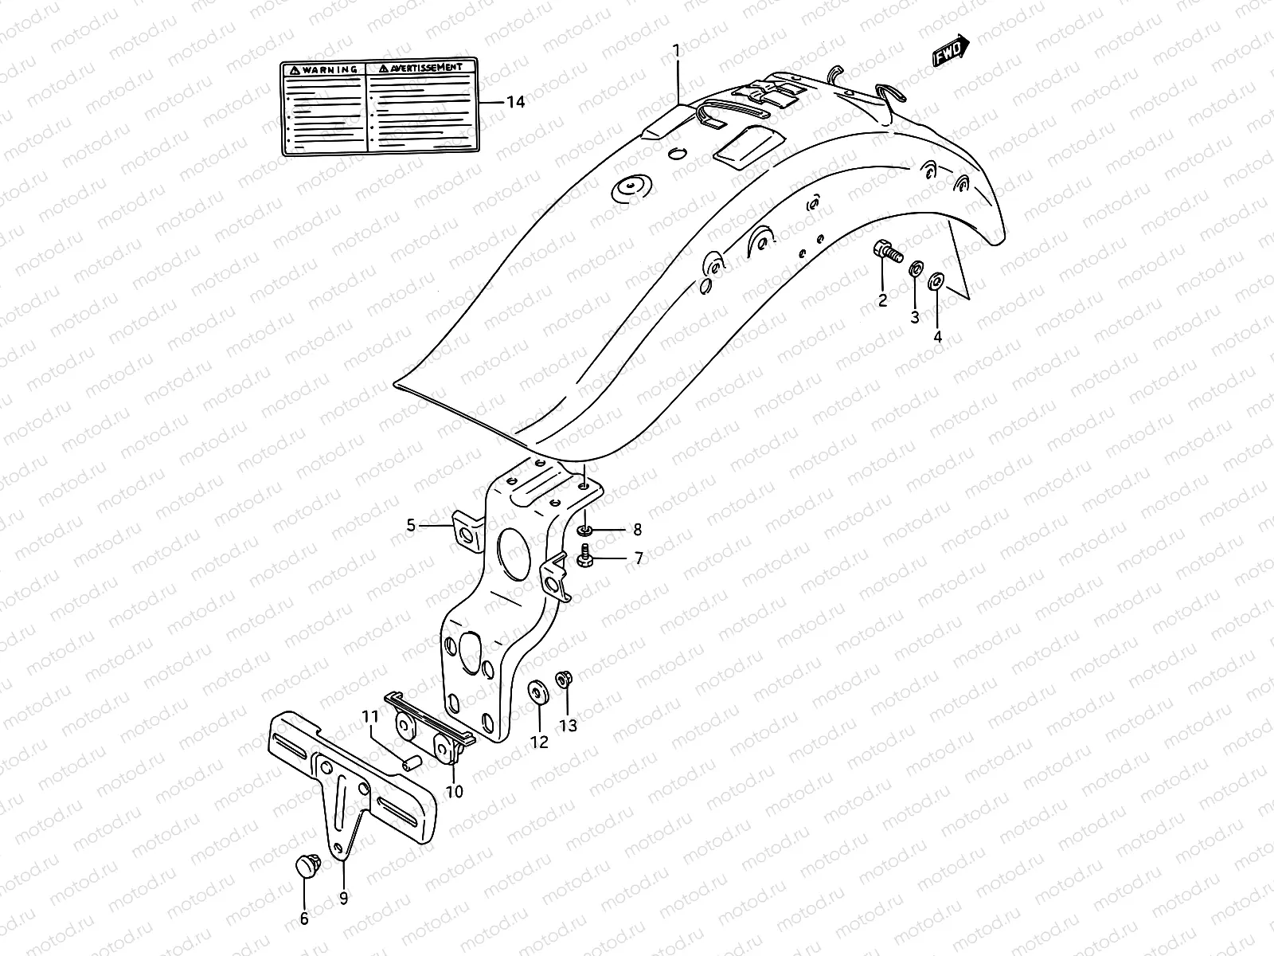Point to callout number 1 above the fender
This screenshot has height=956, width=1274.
pos(676,51)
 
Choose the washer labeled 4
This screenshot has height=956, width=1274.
pos(936,281)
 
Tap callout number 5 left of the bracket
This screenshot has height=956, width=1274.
pos(411,525)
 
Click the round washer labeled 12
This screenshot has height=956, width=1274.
pos(537,692)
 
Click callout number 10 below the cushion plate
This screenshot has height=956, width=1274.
pos(454,792)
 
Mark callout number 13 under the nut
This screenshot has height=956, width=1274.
pos(568,726)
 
